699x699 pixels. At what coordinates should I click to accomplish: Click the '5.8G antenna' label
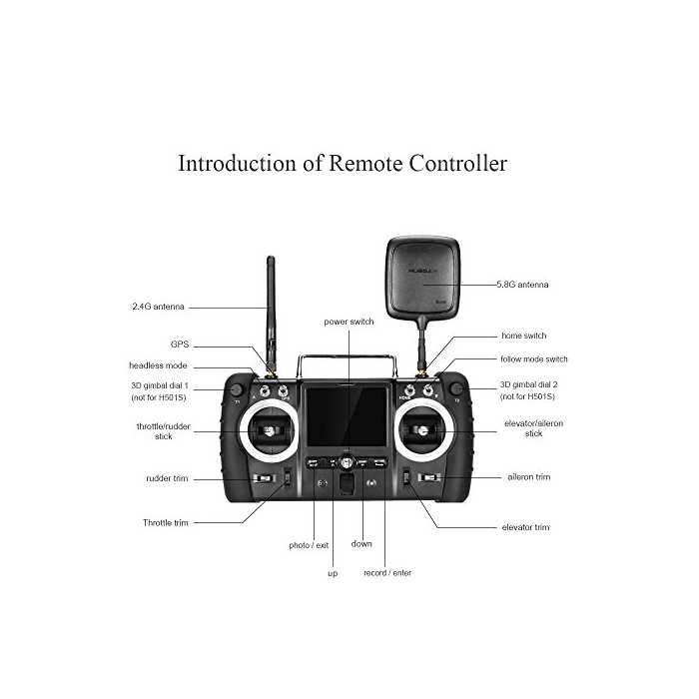click(522, 285)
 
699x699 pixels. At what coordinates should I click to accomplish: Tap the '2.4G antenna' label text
click(159, 307)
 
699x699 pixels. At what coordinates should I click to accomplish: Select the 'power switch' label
click(349, 323)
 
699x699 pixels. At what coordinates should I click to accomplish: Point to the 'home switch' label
click(524, 336)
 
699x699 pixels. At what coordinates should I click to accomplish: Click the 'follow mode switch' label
click(534, 358)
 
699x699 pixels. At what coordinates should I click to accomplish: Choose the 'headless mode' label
click(158, 365)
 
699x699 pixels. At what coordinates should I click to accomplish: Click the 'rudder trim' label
click(167, 478)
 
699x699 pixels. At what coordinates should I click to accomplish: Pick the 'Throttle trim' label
click(165, 522)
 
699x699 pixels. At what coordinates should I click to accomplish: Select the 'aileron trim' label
click(528, 477)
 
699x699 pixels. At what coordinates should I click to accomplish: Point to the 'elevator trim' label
click(525, 527)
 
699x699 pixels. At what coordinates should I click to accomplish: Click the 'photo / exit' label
click(309, 545)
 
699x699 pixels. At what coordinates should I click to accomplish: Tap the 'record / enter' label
click(386, 573)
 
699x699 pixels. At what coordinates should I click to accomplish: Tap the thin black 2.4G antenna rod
click(271, 310)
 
